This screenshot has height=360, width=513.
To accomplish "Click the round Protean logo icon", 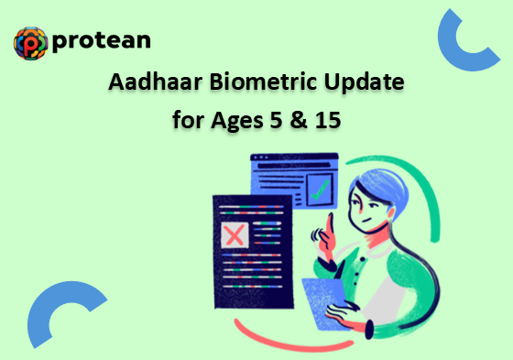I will tap(31, 42).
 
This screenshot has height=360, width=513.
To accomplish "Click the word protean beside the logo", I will tap(102, 41).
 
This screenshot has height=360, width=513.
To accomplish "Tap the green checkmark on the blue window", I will tap(320, 191).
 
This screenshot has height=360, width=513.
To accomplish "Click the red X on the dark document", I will tap(235, 235).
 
